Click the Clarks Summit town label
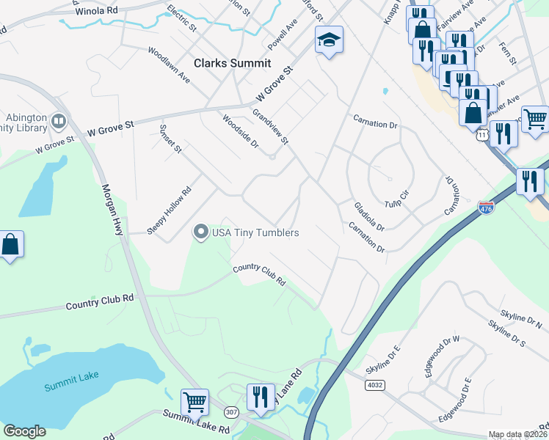pos(232,64)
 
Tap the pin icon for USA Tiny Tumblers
pos(200,232)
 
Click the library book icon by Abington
pos(59,120)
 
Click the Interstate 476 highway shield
pos(485,208)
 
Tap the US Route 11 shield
pos(481,136)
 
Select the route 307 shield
pos(232,413)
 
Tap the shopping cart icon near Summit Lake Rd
pos(194,401)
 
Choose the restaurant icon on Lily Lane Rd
pos(261,397)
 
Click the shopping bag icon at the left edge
pos(11,244)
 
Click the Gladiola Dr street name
pos(368,217)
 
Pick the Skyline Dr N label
pos(519,314)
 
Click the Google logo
pos(25,431)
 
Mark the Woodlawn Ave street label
pos(169,65)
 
